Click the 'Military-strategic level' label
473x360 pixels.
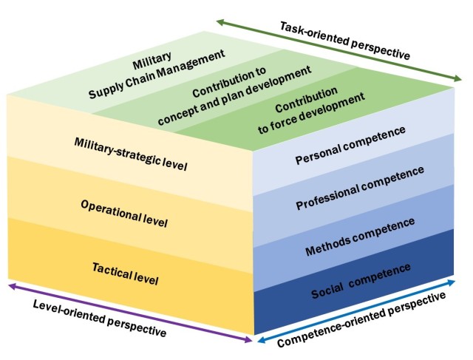(x=131, y=154)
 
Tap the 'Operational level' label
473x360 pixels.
(x=124, y=214)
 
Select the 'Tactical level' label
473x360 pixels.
(x=125, y=274)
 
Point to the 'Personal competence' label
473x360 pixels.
(x=350, y=145)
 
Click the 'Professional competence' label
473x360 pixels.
(x=360, y=188)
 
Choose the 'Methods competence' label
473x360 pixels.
(x=360, y=237)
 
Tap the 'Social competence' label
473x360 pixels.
(x=361, y=281)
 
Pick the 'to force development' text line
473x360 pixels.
(x=311, y=113)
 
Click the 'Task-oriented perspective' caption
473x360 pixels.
(x=345, y=41)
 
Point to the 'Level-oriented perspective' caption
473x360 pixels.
(x=100, y=318)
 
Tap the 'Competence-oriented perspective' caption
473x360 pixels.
(x=361, y=319)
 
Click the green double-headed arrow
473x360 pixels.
(x=338, y=50)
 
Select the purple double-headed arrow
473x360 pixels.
(x=130, y=313)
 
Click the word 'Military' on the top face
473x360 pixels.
(x=152, y=61)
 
